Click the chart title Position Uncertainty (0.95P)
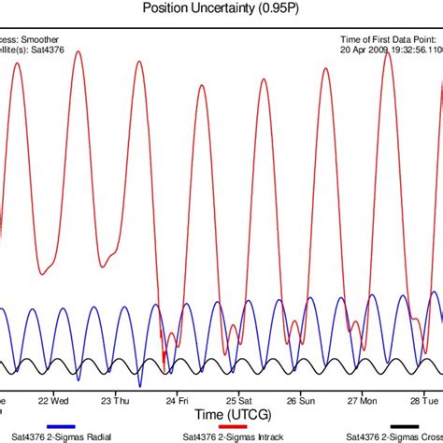pyautogui.click(x=221, y=8)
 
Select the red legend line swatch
pyautogui.click(x=231, y=425)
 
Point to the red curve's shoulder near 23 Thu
pyautogui.click(x=112, y=250)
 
